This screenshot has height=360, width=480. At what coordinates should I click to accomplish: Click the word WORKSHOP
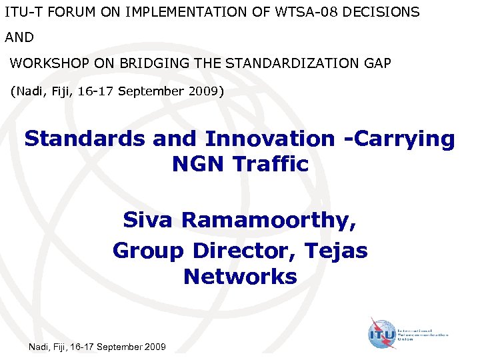(47, 63)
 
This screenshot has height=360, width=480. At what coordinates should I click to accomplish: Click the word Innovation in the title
(270, 139)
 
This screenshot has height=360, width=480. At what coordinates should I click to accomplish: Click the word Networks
(240, 276)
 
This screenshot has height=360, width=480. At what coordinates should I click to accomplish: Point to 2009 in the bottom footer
(155, 347)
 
